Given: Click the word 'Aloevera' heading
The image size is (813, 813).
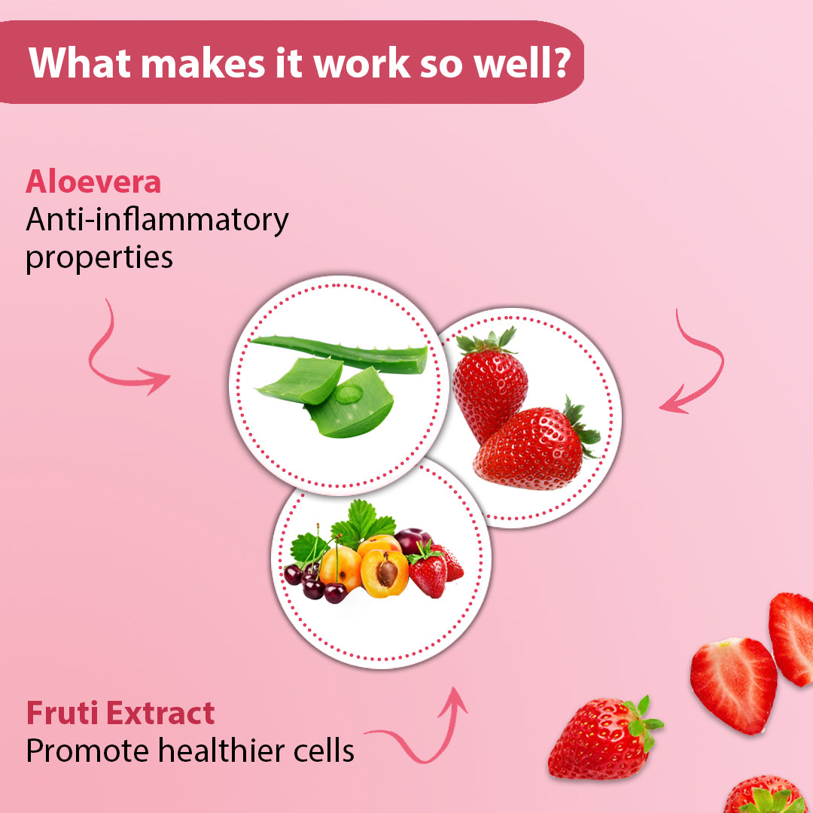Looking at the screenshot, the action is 93,182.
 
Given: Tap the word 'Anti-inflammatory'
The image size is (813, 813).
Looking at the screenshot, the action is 157,221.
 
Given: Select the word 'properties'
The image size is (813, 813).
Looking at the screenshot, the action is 99,257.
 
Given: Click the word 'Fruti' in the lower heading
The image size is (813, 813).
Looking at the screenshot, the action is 62,713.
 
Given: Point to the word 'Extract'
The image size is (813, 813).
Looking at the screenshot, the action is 160,713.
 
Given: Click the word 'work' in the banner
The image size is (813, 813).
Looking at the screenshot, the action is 362,63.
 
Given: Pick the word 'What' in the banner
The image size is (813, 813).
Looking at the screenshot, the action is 80,62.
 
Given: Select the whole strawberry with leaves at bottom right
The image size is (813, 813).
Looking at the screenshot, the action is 604,737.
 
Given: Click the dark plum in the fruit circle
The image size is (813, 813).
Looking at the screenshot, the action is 413,540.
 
